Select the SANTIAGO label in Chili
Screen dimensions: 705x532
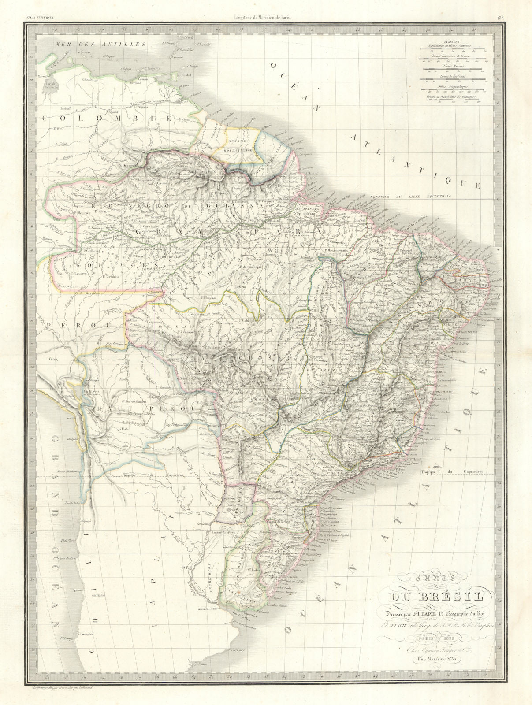99,595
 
